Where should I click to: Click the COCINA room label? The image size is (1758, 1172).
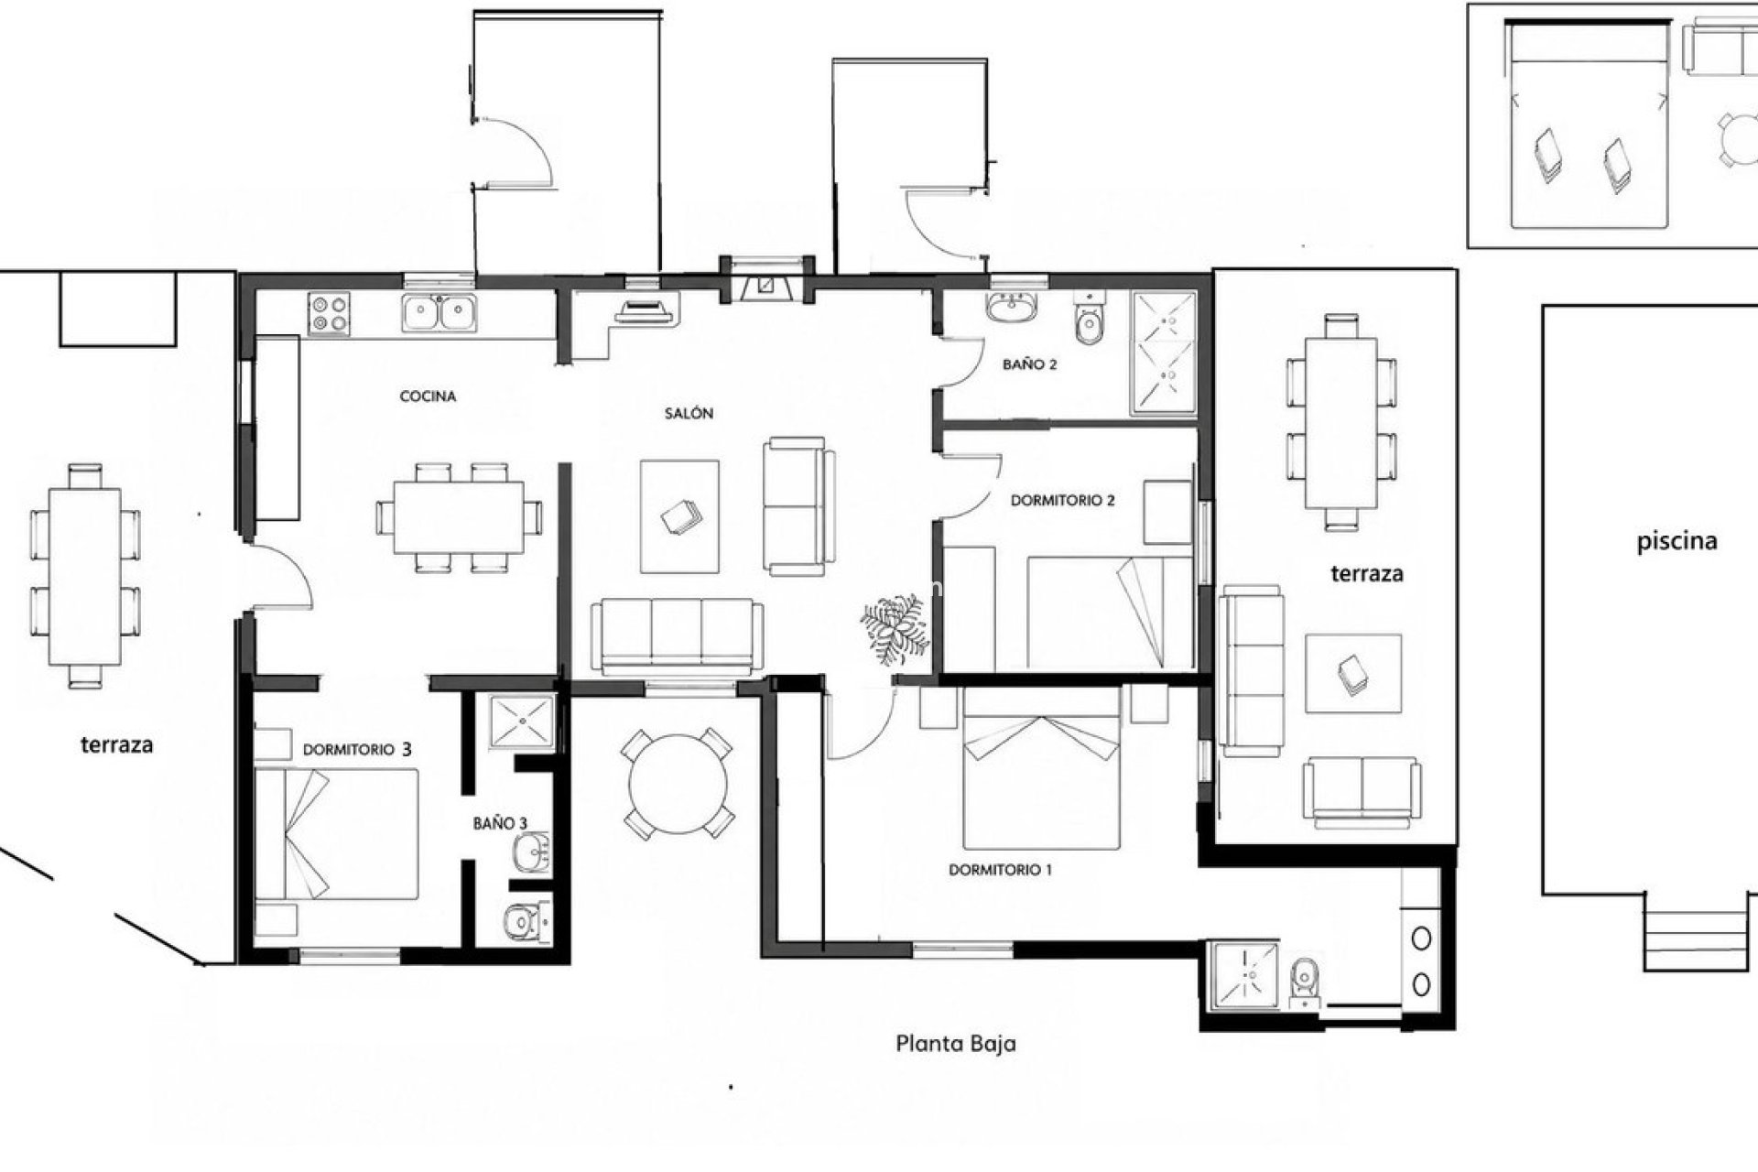coord(428,396)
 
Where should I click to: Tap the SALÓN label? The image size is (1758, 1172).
coord(689,413)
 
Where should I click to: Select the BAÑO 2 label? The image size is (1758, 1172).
coord(1029,364)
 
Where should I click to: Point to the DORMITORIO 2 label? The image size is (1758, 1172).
coord(1062,501)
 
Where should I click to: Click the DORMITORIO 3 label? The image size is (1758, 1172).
coord(357,749)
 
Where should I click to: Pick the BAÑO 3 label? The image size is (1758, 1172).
coord(500,823)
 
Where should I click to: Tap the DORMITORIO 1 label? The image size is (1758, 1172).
coord(1000,870)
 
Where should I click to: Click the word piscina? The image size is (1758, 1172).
coord(1677,541)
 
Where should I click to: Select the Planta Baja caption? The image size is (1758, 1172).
coord(955,1043)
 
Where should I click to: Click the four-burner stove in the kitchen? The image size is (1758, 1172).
coord(330,312)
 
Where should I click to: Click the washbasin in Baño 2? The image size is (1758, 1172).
coord(1011,308)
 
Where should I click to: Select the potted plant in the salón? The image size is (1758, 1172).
coord(894,629)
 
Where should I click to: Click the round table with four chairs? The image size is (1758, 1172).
coord(678,784)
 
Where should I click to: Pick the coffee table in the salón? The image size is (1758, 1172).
coord(679,517)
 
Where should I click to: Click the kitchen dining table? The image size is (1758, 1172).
coord(459,518)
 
